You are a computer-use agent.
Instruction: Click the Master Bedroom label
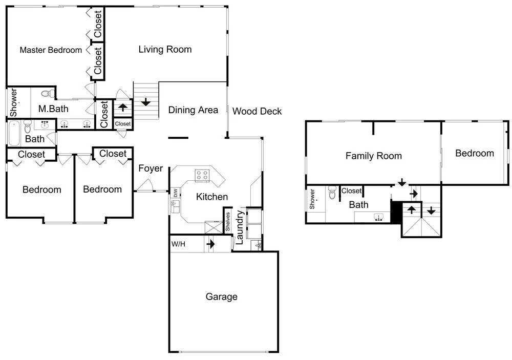[x=51, y=50]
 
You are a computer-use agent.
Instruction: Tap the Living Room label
[x=165, y=49]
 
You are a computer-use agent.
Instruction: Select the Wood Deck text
[x=257, y=112]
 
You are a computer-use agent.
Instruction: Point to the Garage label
[x=221, y=297]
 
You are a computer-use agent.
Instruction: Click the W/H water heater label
[x=178, y=244]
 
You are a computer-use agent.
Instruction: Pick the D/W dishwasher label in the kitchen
[x=176, y=193]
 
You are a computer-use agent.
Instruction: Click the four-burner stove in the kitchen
[x=202, y=176]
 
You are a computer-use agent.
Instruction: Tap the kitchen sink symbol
[x=175, y=206]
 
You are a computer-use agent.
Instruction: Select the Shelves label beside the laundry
[x=228, y=222]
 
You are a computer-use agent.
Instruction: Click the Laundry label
[x=239, y=227]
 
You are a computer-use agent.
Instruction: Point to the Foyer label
[x=151, y=168]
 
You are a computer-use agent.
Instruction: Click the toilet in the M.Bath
[x=49, y=93]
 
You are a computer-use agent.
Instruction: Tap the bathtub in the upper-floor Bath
[x=14, y=133]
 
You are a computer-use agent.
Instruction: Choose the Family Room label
[x=374, y=156]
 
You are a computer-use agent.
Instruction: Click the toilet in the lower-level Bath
[x=332, y=193]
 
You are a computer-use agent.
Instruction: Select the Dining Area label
[x=193, y=110]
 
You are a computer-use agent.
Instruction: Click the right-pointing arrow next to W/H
[x=210, y=244]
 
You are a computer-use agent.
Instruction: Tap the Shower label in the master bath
[x=13, y=102]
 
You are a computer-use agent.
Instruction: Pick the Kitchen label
[x=212, y=197]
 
